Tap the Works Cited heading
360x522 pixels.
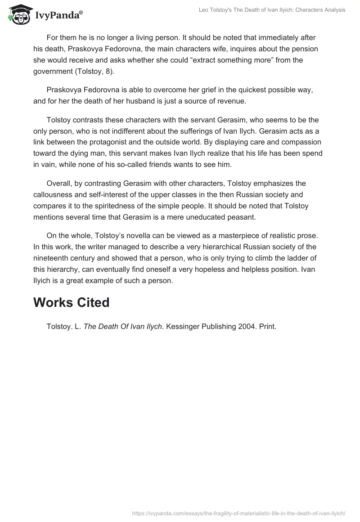click(x=71, y=302)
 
